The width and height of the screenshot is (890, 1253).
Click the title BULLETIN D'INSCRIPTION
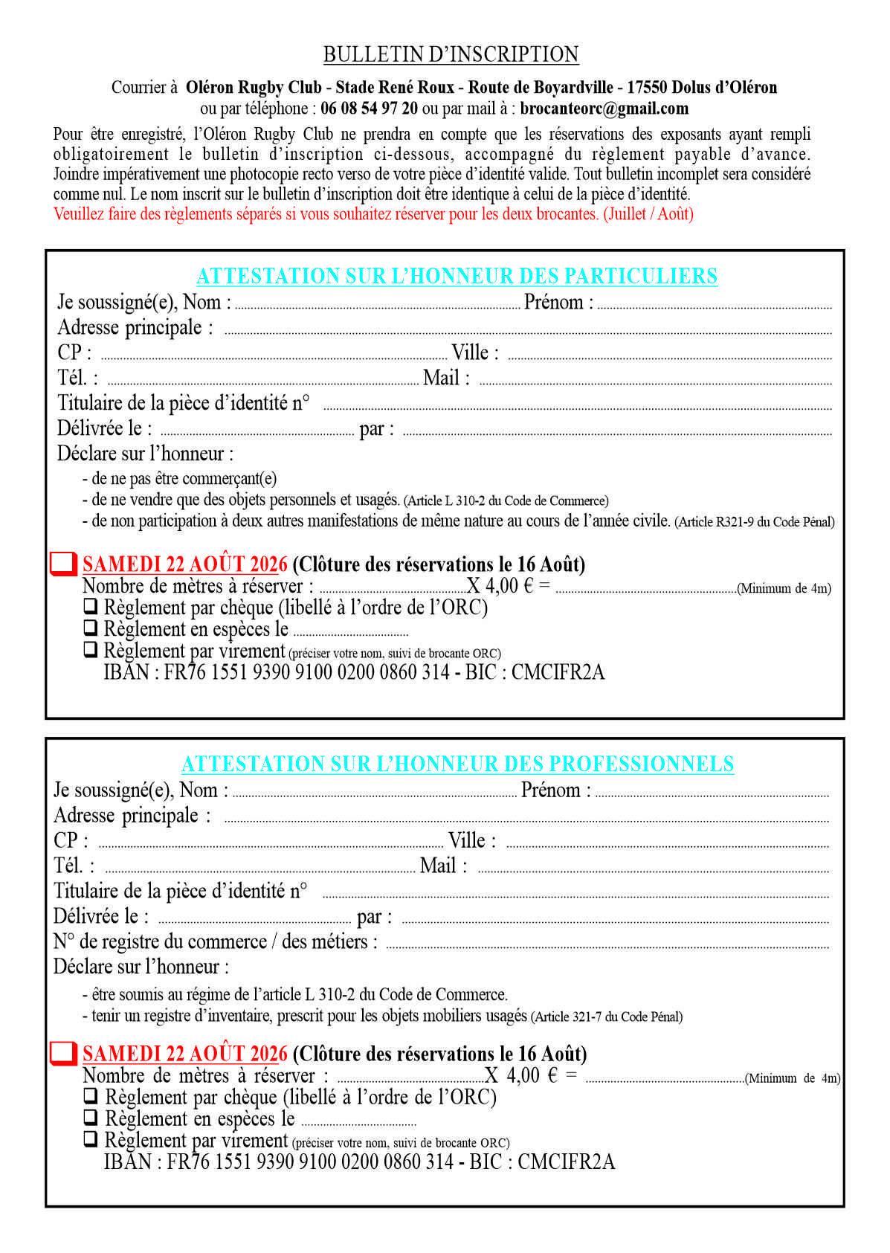click(451, 55)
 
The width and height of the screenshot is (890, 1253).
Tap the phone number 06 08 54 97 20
click(369, 109)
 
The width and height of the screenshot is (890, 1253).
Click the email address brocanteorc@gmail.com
click(604, 109)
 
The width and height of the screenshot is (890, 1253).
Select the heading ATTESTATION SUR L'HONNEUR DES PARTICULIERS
click(457, 276)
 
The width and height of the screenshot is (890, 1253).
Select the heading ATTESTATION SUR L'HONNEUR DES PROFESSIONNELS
click(457, 764)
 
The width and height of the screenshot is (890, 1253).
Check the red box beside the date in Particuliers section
click(64, 564)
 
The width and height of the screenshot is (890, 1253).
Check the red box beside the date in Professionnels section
click(64, 1053)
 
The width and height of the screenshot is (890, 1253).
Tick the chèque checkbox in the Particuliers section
click(90, 606)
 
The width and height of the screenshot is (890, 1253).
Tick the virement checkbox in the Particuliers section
click(90, 649)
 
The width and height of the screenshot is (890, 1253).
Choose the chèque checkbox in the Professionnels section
click(90, 1095)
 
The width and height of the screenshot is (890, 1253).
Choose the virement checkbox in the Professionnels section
click(90, 1138)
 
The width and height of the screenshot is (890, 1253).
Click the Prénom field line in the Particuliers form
click(714, 306)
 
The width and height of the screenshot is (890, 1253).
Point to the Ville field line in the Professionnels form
click(667, 845)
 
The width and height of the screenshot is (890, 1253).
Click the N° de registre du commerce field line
click(607, 947)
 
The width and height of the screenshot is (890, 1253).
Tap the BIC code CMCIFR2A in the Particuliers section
click(558, 673)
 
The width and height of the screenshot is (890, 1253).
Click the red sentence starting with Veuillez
click(373, 214)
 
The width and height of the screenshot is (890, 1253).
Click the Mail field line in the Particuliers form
click(654, 383)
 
